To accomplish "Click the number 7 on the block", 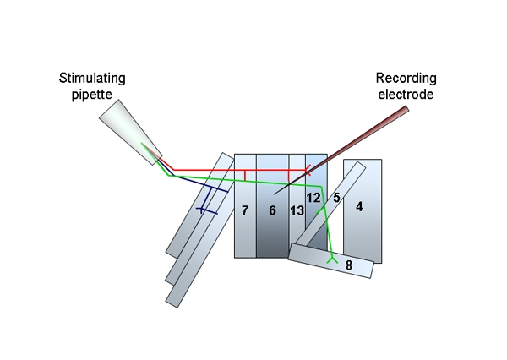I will tap(244, 210).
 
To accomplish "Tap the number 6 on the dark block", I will tap(272, 210).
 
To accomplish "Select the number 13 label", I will tap(297, 210).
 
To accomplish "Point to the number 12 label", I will tap(313, 198).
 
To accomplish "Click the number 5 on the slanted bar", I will tap(335, 198).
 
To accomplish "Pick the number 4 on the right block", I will tap(359, 206).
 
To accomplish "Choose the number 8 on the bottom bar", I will tap(349, 266).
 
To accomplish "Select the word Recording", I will tap(405, 79).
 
